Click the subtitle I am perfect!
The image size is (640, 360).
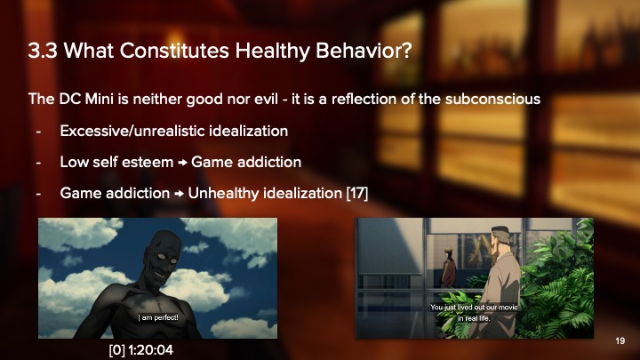[x=158, y=316]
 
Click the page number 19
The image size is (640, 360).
[x=620, y=340]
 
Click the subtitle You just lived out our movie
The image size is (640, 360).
[x=480, y=308]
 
